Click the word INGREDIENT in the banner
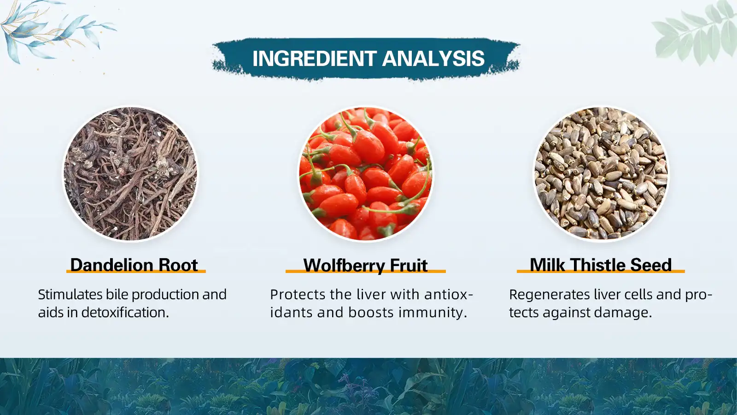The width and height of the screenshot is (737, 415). coord(315,59)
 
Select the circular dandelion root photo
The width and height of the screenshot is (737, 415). coord(130,174)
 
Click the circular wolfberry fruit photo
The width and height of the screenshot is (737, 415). coord(366,174)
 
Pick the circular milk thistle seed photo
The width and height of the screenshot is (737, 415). coord(601,174)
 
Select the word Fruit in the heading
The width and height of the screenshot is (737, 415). coord(409,266)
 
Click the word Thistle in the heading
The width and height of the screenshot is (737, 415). coord(597,265)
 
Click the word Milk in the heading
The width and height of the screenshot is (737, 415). coord(547,265)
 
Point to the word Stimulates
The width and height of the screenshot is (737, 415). coord(70,295)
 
